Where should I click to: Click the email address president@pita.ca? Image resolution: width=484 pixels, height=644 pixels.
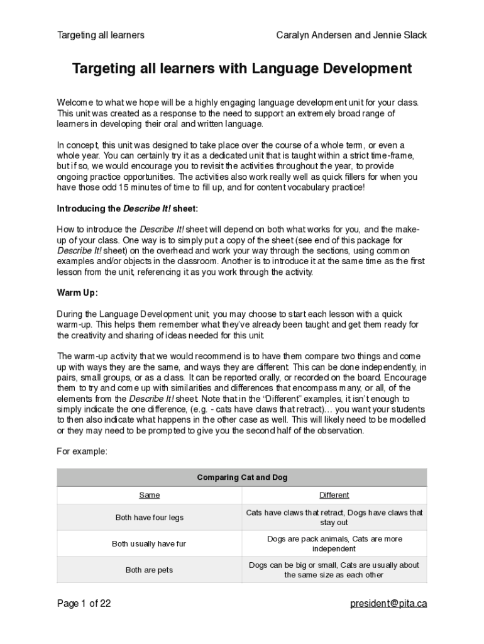click(x=388, y=604)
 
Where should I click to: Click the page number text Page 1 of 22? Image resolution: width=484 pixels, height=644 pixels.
click(x=84, y=604)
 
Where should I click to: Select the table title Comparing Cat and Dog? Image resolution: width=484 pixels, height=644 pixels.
click(x=242, y=477)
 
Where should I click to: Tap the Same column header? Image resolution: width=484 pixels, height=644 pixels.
click(x=149, y=495)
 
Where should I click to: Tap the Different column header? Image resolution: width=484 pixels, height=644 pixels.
click(x=334, y=495)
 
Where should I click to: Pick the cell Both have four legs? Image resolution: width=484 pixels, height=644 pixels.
click(x=149, y=518)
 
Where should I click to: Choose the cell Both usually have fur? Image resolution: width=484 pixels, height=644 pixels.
click(x=149, y=544)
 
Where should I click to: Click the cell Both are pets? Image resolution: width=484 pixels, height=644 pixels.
click(x=149, y=570)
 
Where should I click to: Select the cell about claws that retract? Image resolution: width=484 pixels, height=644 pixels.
click(x=334, y=518)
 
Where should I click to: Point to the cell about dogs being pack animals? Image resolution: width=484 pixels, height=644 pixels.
click(x=334, y=544)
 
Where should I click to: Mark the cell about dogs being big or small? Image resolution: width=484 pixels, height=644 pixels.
click(x=334, y=570)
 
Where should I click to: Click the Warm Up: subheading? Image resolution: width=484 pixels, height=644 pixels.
click(x=77, y=292)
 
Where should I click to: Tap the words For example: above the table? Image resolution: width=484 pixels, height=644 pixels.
click(x=82, y=452)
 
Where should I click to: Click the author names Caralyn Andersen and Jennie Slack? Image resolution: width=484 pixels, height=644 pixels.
click(x=351, y=35)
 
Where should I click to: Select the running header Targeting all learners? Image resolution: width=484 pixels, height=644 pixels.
click(x=101, y=35)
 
